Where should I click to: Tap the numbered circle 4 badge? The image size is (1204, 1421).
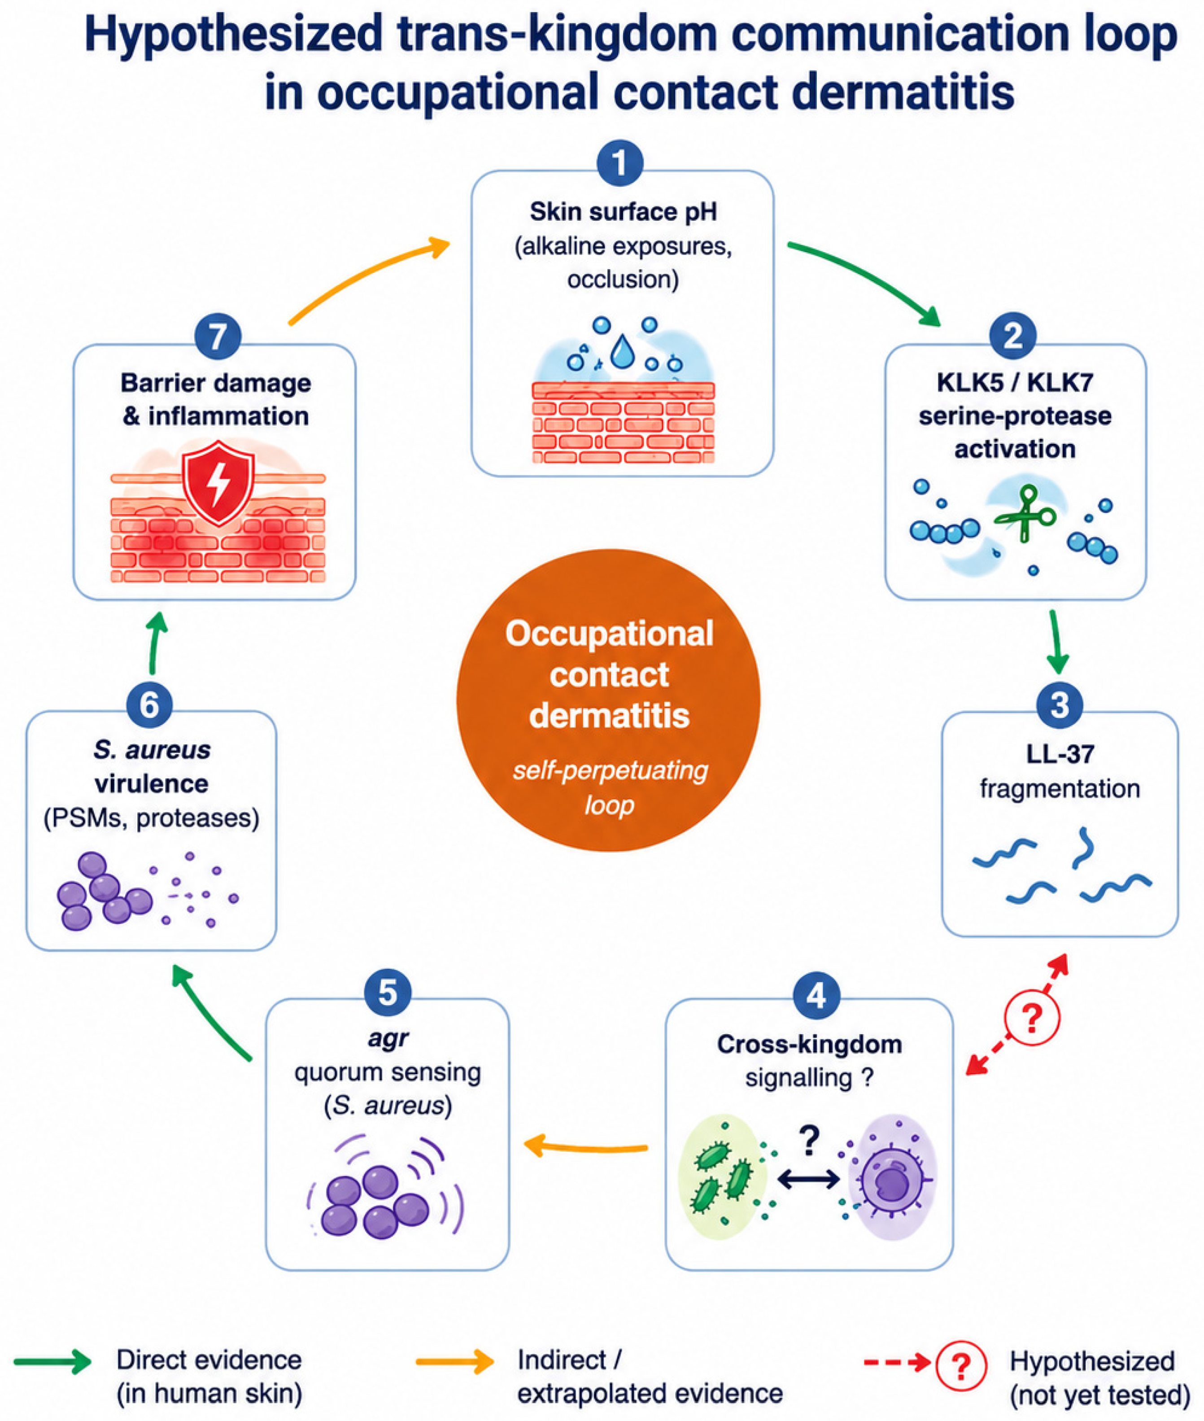816,995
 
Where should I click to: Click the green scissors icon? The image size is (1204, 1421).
1024,513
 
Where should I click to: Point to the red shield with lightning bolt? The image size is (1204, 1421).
218,482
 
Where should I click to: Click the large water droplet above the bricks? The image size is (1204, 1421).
622,351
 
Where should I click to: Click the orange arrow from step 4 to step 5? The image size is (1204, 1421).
585,1147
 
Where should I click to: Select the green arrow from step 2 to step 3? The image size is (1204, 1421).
1056,642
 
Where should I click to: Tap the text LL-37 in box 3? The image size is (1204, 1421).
1060,753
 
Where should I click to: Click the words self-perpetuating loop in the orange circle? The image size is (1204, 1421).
610,787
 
